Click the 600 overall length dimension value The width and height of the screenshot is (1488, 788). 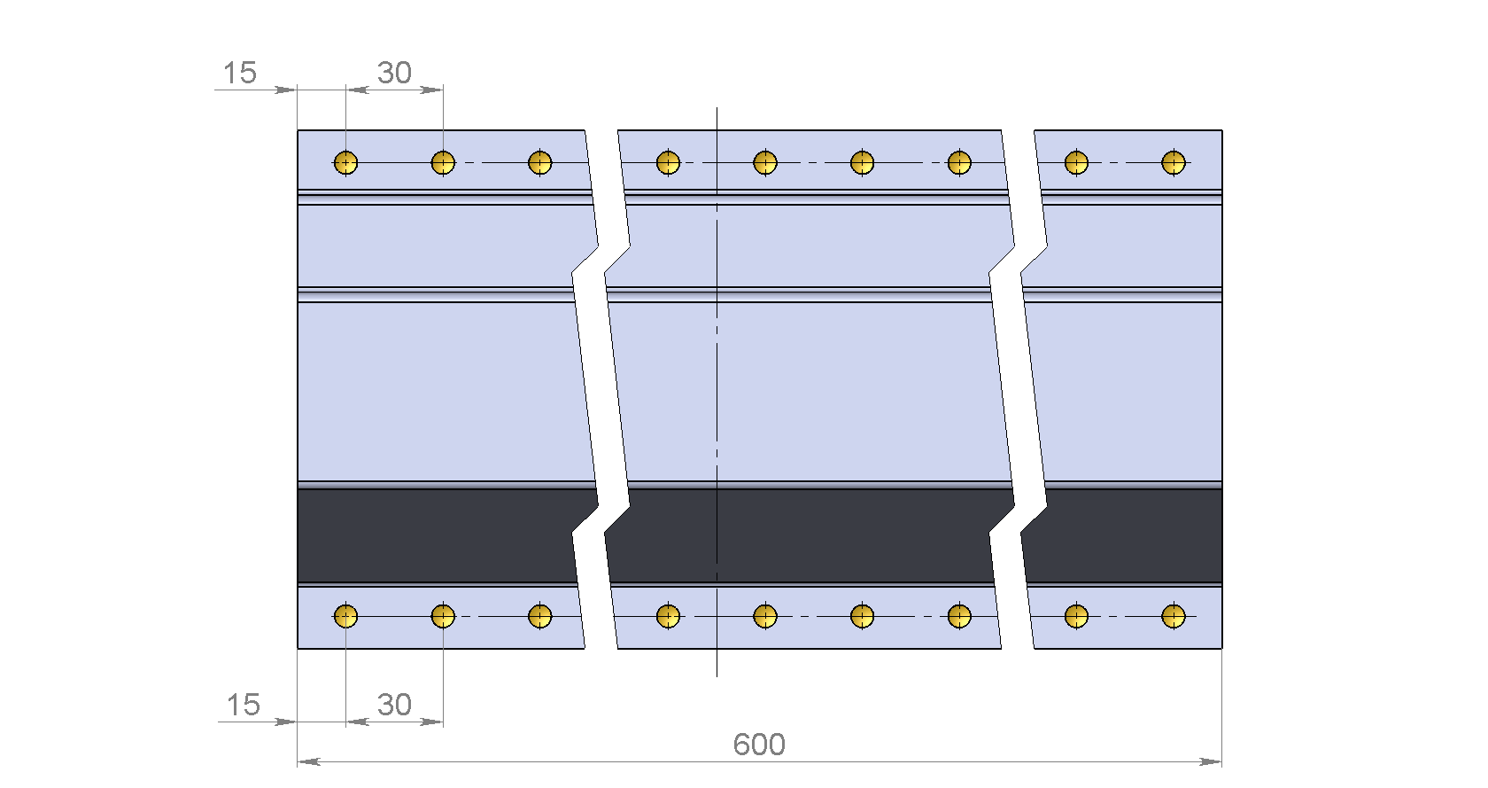758,745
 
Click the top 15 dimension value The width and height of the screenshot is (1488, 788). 239,73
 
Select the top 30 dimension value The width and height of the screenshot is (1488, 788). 395,73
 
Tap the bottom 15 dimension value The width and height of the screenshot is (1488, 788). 243,705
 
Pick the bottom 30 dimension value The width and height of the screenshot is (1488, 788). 395,705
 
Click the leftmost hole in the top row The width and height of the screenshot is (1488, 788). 345,162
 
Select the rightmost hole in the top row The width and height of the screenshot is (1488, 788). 1173,162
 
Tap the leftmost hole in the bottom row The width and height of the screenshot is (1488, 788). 345,616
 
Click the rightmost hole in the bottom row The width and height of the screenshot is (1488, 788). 1173,616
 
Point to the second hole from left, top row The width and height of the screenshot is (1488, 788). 443,162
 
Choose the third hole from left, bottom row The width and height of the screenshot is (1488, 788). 540,616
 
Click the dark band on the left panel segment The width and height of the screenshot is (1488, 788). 438,536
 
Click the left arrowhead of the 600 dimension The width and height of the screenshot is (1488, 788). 308,762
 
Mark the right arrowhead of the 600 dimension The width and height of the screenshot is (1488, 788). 1210,762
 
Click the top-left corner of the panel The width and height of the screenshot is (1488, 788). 298,130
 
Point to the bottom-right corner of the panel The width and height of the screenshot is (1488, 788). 1222,648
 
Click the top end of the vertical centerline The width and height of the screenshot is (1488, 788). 717,108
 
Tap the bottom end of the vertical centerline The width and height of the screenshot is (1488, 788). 717,677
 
